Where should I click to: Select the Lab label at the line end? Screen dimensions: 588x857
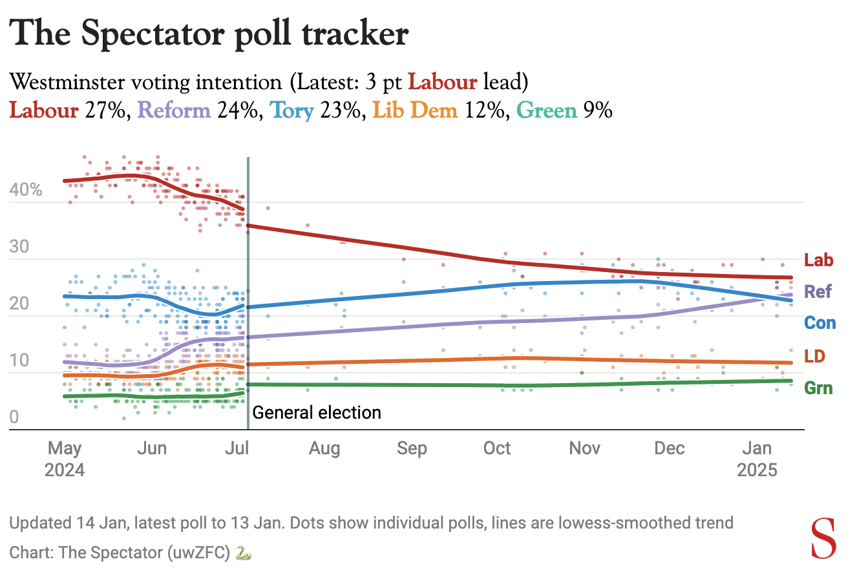818,260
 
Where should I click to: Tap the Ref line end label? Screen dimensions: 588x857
818,291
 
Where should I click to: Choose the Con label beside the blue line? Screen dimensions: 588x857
820,322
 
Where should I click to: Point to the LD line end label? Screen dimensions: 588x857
815,356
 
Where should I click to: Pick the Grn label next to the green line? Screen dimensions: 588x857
818,388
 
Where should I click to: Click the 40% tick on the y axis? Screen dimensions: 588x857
26,190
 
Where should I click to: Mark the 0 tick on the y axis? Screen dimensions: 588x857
14,417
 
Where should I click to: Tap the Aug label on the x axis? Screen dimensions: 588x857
324,448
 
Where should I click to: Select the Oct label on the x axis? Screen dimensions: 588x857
497,448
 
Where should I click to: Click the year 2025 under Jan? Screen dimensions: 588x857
757,470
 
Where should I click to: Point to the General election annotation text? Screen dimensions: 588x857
317,412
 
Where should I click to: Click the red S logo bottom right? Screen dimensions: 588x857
823,539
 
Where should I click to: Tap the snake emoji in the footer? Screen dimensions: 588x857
243,553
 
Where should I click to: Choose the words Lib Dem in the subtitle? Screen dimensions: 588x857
416,110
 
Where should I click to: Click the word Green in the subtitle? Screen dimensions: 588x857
547,110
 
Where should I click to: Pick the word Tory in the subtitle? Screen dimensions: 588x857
292,110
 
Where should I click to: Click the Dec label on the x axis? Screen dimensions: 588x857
669,448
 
